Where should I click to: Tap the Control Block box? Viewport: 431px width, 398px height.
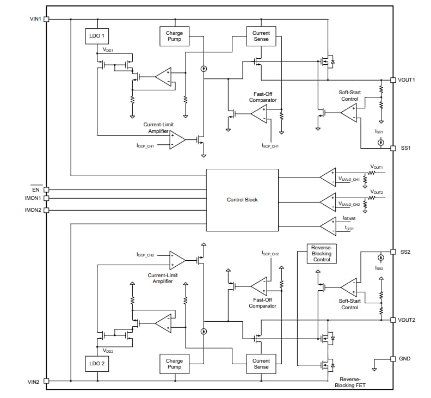pos(242,200)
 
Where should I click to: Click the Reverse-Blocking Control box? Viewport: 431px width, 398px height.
pos(322,253)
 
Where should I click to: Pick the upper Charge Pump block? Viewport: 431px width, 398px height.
pos(174,36)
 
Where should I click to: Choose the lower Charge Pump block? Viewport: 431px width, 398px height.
pos(174,364)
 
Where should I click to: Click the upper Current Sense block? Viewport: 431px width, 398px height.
pos(261,36)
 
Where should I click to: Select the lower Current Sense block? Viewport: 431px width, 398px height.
pos(261,364)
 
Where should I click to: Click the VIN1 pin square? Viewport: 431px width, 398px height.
pos(46,19)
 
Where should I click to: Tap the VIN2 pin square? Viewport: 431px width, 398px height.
pos(46,381)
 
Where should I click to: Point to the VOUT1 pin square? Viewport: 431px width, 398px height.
pos(393,80)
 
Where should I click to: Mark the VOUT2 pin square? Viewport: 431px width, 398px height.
pos(393,320)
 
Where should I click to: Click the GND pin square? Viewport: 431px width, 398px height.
pos(393,359)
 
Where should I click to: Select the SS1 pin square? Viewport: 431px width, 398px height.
pos(393,148)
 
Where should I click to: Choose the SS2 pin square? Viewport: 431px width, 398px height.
pos(393,252)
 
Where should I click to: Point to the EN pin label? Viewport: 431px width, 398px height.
pos(36,189)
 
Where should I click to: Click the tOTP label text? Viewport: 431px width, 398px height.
pos(349,229)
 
